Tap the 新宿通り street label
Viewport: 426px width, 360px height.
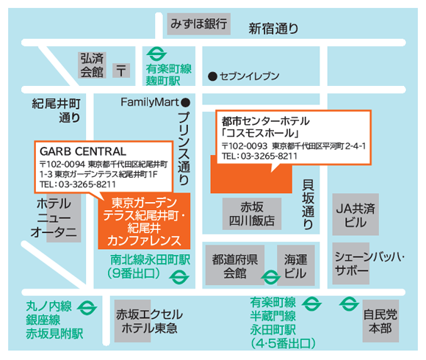[x=273, y=29]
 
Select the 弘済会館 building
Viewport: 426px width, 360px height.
[x=93, y=65]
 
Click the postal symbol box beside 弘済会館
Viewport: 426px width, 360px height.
[x=121, y=71]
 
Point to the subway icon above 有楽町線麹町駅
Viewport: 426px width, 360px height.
[x=155, y=54]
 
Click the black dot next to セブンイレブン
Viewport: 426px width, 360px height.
[x=212, y=76]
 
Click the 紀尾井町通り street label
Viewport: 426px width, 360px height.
[x=55, y=109]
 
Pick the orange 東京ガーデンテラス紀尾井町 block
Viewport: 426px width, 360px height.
[x=144, y=221]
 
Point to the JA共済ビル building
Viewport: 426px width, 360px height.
[x=355, y=214]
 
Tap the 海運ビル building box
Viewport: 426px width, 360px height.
[x=295, y=265]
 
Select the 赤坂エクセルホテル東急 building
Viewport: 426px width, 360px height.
[x=148, y=320]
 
